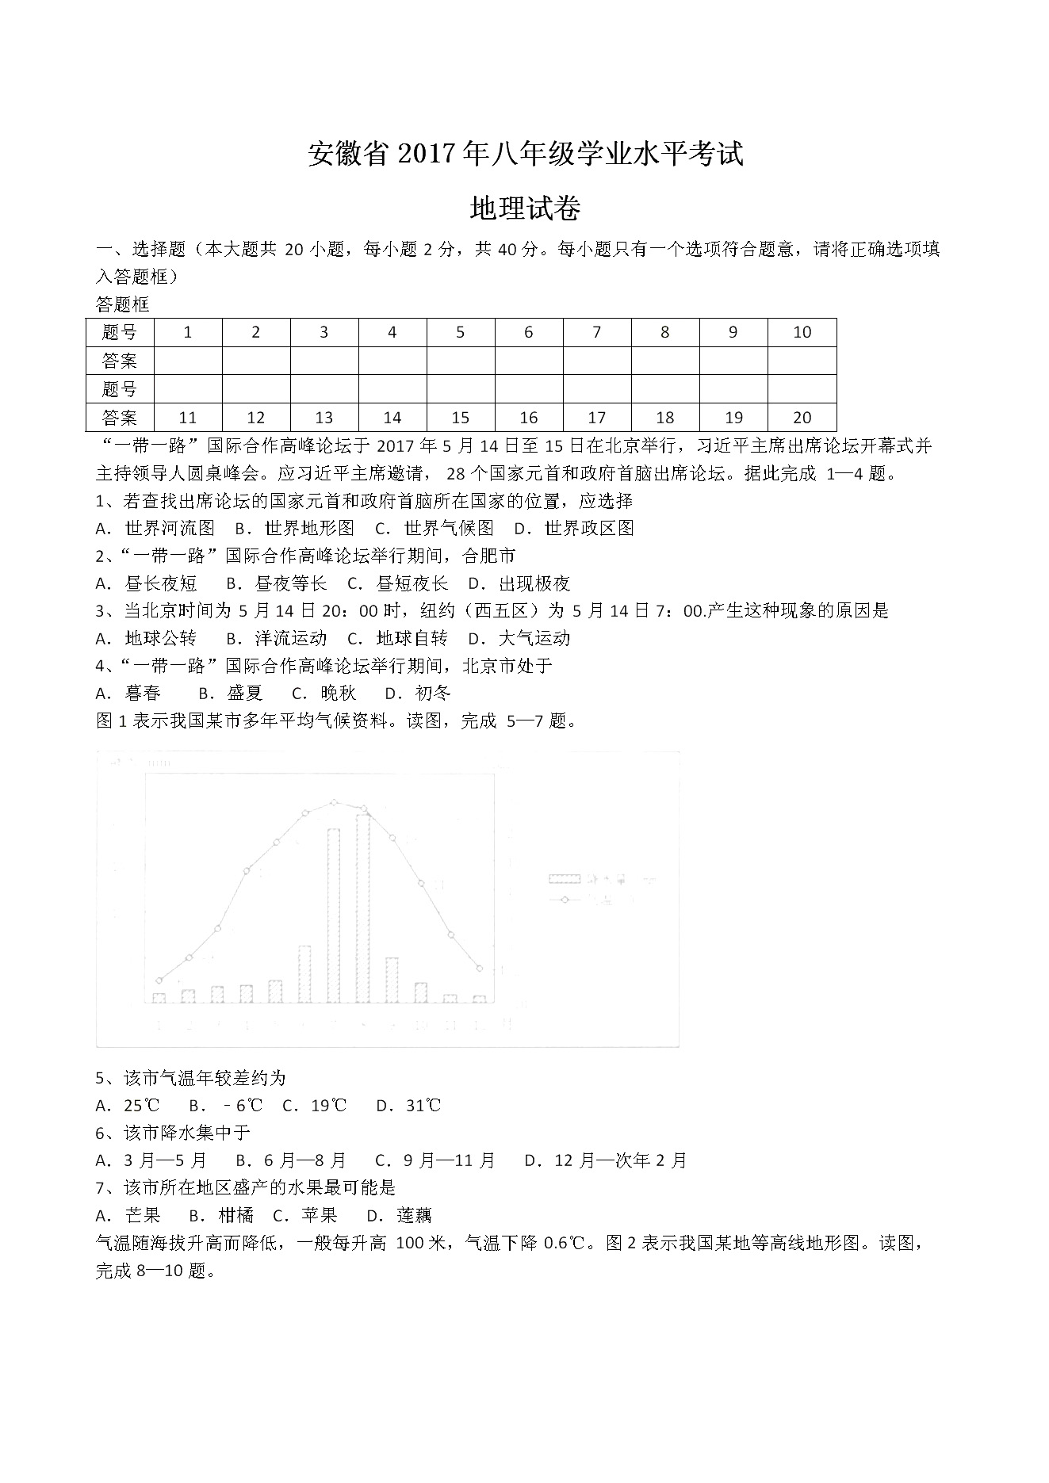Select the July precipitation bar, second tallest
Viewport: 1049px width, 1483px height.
pos(334,915)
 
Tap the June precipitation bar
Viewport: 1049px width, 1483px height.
pos(304,974)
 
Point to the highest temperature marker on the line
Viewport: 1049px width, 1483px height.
pos(334,802)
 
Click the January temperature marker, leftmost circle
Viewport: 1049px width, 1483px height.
pos(159,980)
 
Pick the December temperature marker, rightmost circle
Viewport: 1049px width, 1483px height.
pos(480,968)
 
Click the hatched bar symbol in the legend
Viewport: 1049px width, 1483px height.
pos(565,879)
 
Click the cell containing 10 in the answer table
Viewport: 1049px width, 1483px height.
pos(802,333)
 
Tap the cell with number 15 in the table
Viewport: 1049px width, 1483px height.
pos(460,418)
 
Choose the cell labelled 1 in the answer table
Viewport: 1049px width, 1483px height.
pos(188,333)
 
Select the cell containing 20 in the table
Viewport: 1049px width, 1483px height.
pos(802,418)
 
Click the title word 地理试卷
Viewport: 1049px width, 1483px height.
pos(525,208)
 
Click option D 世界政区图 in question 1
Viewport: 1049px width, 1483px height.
pos(574,529)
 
